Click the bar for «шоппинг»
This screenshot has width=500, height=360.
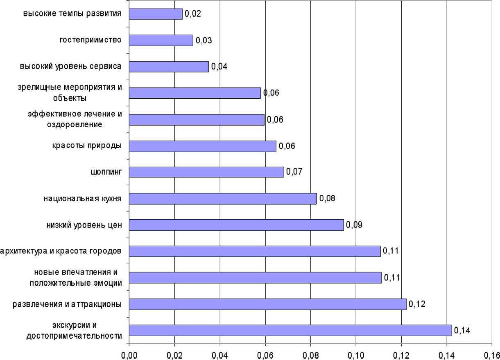[206, 172]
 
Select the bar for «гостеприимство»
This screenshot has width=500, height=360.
[161, 40]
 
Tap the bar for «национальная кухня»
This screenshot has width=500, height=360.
[223, 198]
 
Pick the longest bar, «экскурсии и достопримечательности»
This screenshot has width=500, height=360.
[290, 330]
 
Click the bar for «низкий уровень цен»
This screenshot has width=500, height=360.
[236, 225]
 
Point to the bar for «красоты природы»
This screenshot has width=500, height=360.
[203, 146]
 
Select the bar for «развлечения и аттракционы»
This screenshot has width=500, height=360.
[268, 304]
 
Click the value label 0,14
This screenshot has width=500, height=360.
[462, 330]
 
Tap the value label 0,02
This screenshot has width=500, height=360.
[192, 13]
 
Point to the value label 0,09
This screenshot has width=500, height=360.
[354, 225]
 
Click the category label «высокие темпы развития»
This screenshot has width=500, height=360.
[72, 13]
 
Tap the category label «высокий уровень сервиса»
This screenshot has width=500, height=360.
[70, 66]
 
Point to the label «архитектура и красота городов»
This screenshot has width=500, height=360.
[61, 251]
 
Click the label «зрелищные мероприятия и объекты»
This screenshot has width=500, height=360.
[70, 92]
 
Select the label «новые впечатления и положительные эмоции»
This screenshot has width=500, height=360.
[78, 277]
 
